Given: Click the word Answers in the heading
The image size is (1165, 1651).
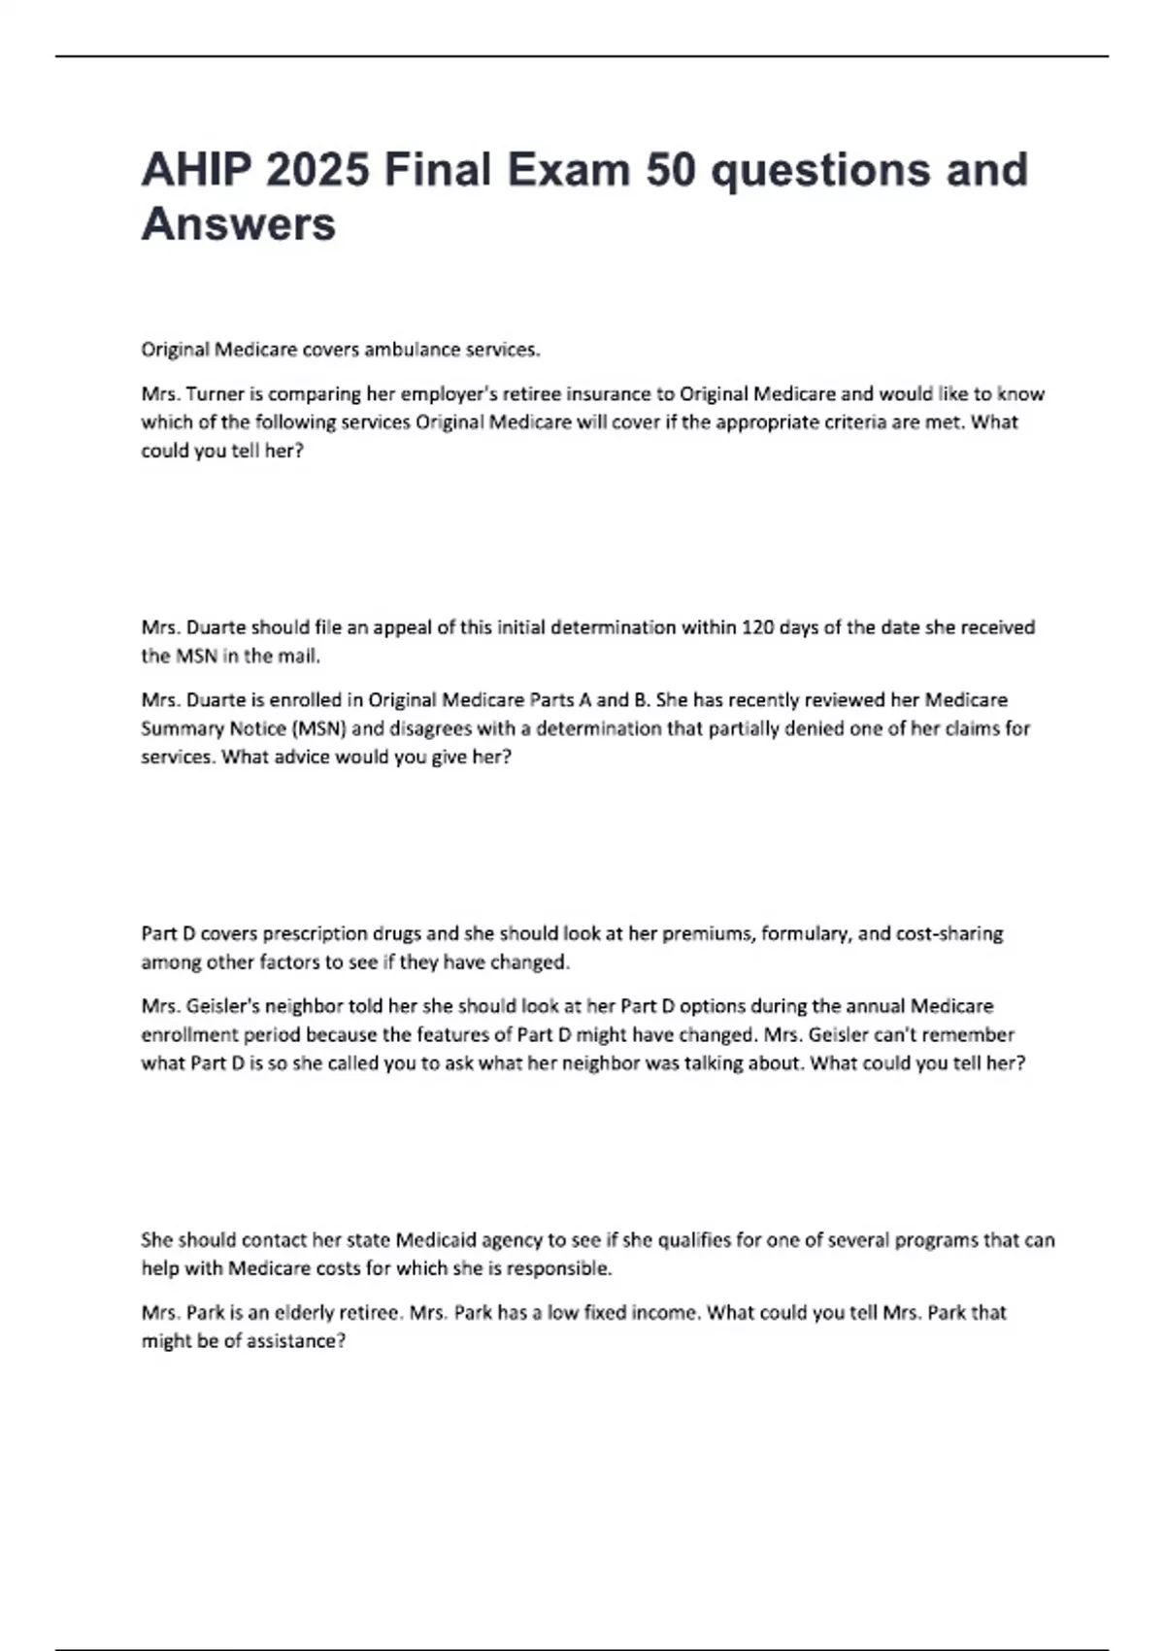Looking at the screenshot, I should (x=239, y=224).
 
